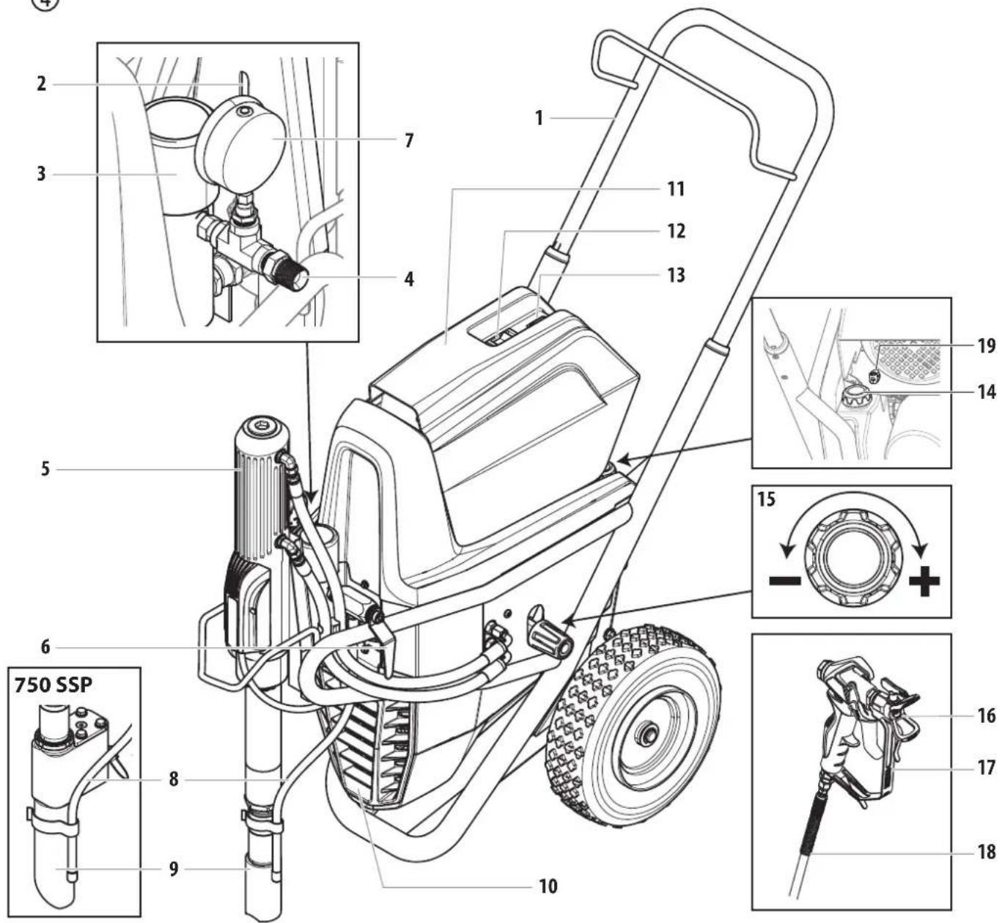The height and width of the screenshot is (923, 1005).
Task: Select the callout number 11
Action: [675, 189]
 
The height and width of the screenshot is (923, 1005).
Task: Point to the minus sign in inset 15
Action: [784, 581]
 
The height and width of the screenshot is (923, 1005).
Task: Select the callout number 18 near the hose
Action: [987, 851]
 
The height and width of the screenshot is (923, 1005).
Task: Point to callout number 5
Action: [45, 468]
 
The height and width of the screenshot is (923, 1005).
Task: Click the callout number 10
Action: [548, 886]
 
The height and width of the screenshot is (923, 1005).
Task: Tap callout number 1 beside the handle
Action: [539, 117]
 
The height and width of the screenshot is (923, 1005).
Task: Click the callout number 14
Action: [987, 392]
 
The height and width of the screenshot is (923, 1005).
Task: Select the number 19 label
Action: [987, 346]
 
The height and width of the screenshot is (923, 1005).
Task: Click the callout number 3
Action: [42, 174]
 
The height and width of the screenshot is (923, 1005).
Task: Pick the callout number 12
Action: [675, 231]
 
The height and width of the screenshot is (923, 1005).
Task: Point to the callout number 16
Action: [987, 715]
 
